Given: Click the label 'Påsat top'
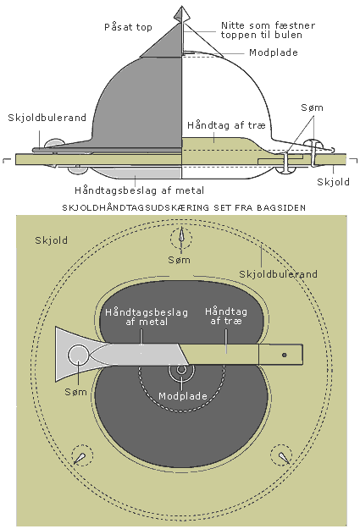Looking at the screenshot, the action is coord(128,27).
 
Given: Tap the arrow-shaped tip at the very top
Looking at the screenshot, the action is coord(181,14).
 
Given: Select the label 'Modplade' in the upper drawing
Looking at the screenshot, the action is coord(274,52).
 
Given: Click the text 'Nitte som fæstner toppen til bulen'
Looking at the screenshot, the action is coord(268,30).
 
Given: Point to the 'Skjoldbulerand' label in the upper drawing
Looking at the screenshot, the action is coord(47,118).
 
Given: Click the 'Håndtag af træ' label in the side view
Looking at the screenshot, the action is coord(226,125).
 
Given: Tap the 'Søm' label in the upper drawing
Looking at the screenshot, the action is coord(312,107).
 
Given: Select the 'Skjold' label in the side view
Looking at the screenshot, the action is coord(333,182).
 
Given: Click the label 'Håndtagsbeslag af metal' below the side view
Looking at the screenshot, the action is coord(139,190).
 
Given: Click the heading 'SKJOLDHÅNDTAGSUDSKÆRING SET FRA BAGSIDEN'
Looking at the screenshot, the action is coord(184,208).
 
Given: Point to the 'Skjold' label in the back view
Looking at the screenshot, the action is coord(52,240).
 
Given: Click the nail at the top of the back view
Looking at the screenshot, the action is coord(181,235).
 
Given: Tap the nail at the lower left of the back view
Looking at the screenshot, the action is coord(80,457).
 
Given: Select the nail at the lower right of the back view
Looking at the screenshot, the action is coord(284,456).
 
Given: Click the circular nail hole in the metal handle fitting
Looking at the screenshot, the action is coord(78,355).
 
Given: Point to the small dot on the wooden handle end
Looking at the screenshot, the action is coord(285,355).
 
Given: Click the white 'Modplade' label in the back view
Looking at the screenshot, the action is coord(183,396).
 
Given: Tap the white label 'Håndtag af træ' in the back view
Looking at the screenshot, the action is coord(226,316).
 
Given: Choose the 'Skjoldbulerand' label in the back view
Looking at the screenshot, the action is coord(279,274).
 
